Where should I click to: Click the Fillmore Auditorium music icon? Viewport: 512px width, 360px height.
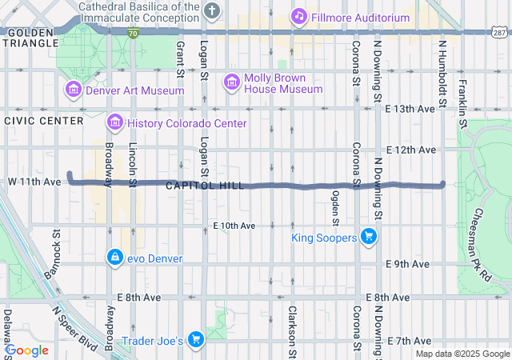(299, 16)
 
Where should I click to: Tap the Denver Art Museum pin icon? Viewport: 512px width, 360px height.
(74, 90)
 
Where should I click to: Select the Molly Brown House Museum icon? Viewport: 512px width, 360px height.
(232, 82)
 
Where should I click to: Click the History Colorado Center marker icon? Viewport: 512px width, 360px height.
(115, 123)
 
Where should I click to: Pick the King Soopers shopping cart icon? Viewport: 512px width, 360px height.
(368, 237)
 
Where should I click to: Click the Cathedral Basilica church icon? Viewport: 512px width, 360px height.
(211, 10)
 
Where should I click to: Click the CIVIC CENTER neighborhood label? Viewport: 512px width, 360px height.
(43, 121)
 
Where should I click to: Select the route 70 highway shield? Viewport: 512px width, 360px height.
(134, 31)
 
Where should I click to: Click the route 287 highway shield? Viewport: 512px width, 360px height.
(498, 31)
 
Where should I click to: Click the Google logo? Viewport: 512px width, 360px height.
(27, 350)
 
